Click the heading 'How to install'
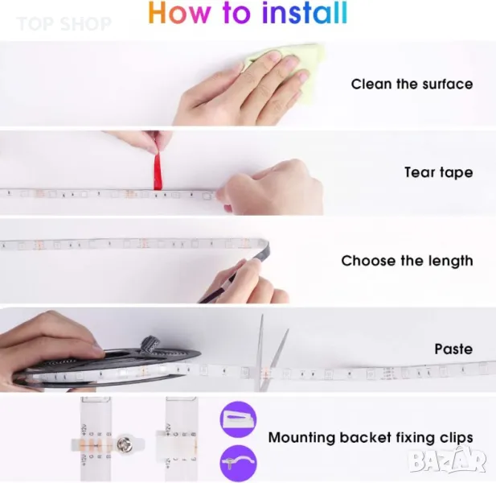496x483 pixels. [248, 13]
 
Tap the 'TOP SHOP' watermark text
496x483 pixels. [64, 24]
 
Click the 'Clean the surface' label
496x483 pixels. [412, 85]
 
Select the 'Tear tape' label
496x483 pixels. [439, 172]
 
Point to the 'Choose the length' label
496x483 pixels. [407, 261]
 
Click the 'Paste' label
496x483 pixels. [453, 349]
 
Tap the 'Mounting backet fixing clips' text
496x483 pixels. [371, 438]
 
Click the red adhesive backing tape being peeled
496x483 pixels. [158, 171]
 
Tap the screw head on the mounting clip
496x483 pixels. [123, 443]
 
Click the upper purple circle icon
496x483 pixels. [238, 419]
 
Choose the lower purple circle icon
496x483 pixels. [238, 464]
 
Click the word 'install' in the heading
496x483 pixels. [305, 13]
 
